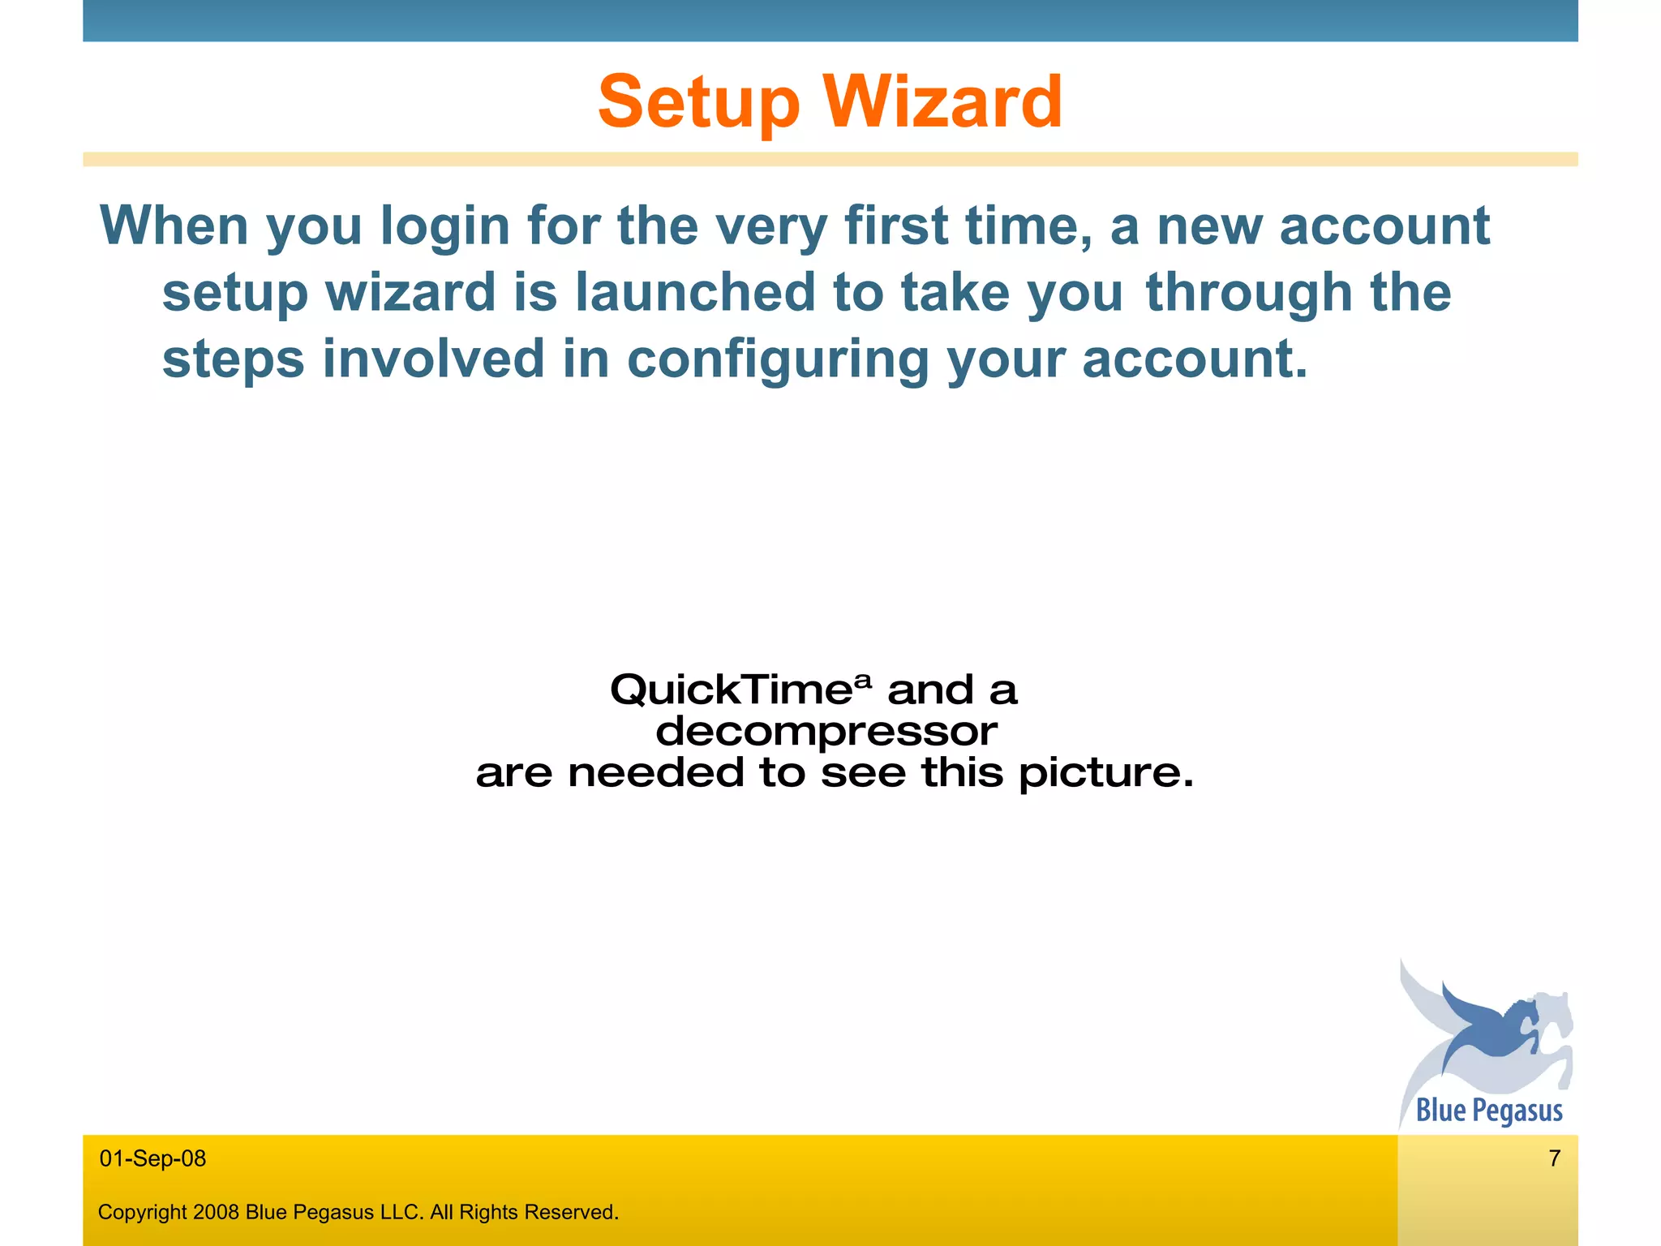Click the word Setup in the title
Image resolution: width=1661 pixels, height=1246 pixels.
tap(698, 103)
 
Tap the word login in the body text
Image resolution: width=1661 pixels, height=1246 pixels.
tap(444, 226)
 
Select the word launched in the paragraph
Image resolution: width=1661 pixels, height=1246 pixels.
tap(695, 292)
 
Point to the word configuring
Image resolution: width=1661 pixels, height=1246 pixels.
tap(778, 359)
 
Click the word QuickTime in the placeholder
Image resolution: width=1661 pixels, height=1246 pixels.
tap(730, 690)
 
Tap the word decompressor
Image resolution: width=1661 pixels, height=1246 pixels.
tap(826, 731)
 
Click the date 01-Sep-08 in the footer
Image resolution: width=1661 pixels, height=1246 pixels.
tap(152, 1158)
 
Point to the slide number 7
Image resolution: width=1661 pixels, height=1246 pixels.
tap(1554, 1158)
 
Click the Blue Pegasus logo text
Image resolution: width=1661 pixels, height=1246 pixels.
tap(1489, 1110)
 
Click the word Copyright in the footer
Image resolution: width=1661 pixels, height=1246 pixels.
tap(143, 1212)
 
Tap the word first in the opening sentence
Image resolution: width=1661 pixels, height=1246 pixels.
tap(895, 226)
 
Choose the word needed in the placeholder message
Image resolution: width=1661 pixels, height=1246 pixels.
tap(655, 773)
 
